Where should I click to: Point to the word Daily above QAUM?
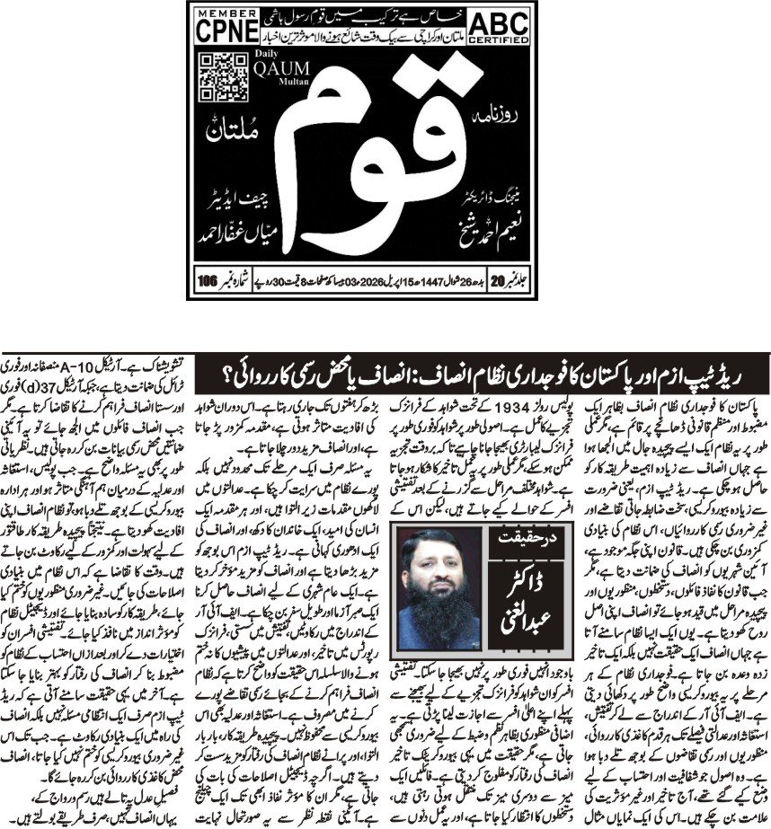261,59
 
